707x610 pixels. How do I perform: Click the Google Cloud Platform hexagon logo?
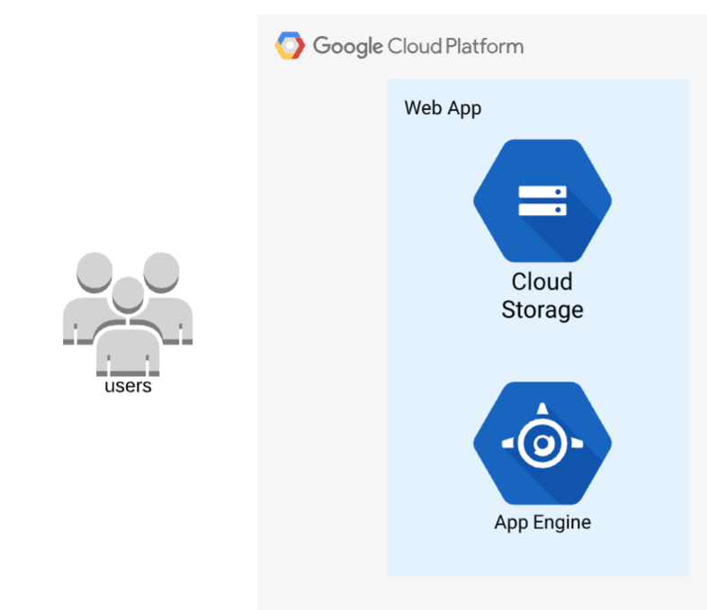point(290,45)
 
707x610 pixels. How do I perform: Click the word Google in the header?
point(348,46)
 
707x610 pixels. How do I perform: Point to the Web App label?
point(443,108)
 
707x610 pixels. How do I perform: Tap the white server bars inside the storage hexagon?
point(542,200)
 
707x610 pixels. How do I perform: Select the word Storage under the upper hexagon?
point(542,310)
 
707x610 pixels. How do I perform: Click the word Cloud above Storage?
point(542,282)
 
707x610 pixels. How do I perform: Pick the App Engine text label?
point(542,522)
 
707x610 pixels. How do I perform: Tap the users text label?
point(128,387)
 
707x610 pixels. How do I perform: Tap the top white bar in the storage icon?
point(542,192)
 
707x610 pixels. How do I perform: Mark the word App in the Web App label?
point(464,109)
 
